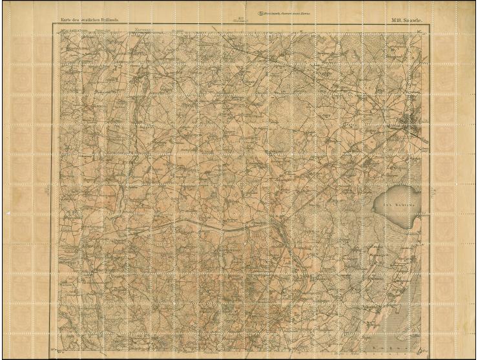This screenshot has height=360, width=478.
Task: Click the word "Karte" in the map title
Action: (x=65, y=21)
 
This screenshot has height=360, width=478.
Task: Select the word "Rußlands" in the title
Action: (x=108, y=21)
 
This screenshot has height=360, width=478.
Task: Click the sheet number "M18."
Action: (x=397, y=21)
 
